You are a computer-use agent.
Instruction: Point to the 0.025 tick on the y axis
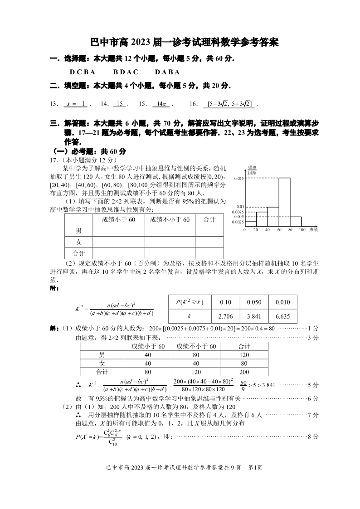pos(239,179)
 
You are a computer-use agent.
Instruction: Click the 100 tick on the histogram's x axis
pos(302,230)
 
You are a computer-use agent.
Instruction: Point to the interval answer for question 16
pos(229,104)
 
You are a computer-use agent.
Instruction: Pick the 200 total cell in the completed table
pos(244,372)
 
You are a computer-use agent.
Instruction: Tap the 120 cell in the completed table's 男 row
pos(244,355)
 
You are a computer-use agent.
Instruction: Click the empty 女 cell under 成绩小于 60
pos(118,242)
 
